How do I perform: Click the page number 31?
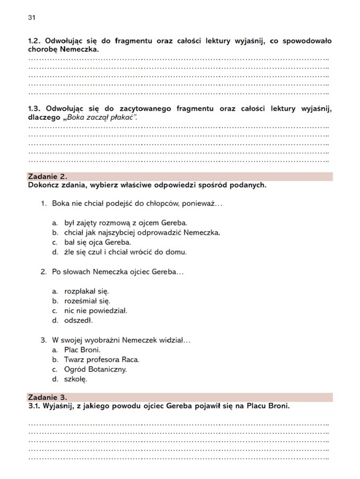pyautogui.click(x=31, y=18)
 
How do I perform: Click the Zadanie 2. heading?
pyautogui.click(x=47, y=176)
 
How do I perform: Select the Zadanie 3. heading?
pyautogui.click(x=47, y=397)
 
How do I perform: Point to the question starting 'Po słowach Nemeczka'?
pyautogui.click(x=118, y=271)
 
